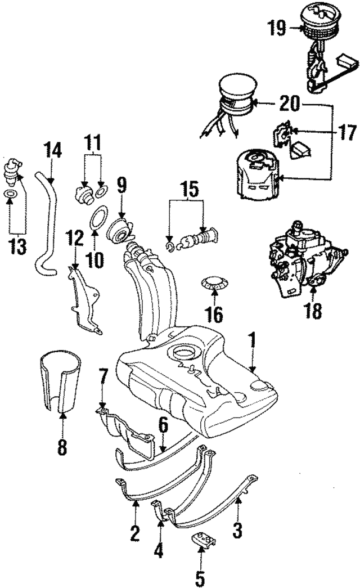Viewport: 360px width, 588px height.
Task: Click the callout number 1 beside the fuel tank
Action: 253,339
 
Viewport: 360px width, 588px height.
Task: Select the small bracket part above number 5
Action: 204,541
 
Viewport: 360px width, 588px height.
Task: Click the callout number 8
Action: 62,447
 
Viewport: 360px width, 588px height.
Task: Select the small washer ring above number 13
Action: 11,194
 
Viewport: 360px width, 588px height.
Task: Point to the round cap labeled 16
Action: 215,285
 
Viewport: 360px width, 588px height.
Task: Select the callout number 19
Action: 277,28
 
